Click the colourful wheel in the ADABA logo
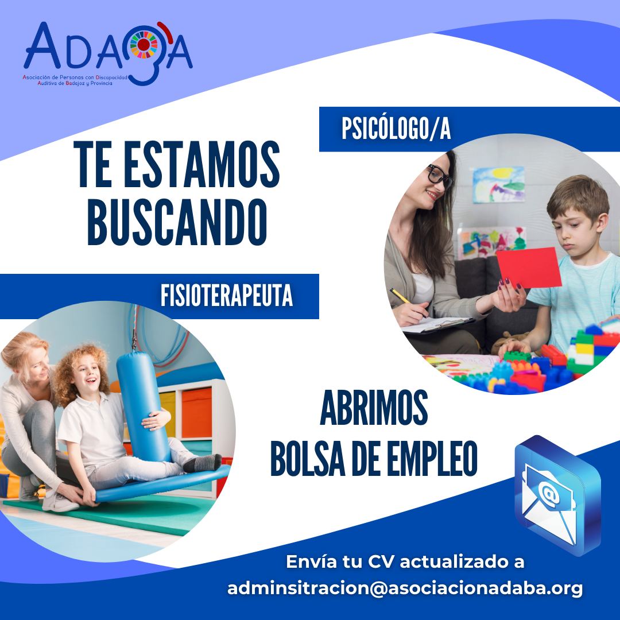tap(144, 45)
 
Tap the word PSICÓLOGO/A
tap(396, 129)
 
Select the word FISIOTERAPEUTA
tap(227, 296)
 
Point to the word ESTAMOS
tap(201, 164)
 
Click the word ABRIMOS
tap(374, 408)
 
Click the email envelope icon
tap(557, 494)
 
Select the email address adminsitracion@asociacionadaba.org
tap(405, 588)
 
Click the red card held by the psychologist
tap(529, 268)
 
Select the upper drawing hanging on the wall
tap(499, 185)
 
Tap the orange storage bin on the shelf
tap(196, 413)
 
